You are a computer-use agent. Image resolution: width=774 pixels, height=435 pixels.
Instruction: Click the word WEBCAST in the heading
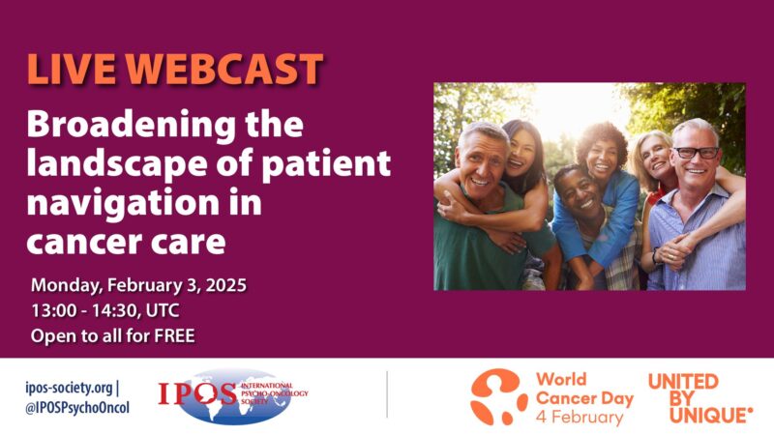pyautogui.click(x=224, y=70)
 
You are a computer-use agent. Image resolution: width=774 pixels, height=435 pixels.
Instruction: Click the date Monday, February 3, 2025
pyautogui.click(x=138, y=285)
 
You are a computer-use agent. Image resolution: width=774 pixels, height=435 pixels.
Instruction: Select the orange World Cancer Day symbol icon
pyautogui.click(x=499, y=395)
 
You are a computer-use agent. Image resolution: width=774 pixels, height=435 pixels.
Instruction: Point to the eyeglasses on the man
pyautogui.click(x=696, y=153)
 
